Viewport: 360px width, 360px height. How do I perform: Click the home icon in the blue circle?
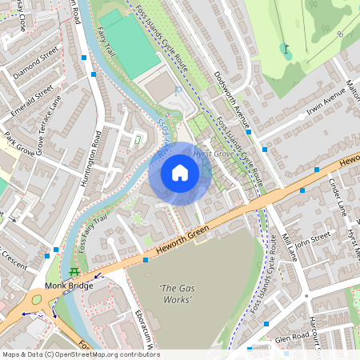pos(180,172)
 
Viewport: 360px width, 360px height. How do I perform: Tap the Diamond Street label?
pos(37,62)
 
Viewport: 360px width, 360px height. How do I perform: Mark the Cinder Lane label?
pos(336,196)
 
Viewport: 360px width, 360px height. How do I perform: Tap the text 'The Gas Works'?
pos(176,294)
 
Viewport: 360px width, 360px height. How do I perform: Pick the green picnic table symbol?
pos(74,272)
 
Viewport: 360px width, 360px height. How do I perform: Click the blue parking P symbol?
pos(178,92)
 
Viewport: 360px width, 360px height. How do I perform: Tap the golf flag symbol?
pos(286,50)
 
